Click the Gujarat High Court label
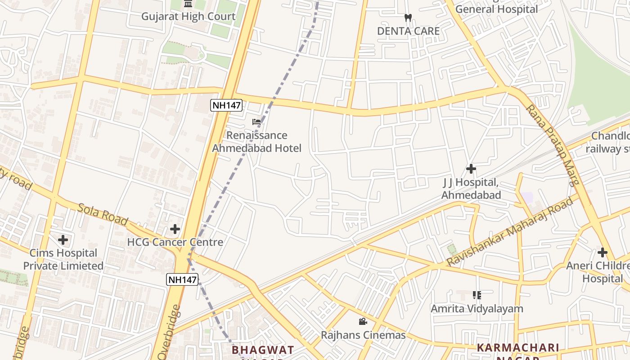[188, 17]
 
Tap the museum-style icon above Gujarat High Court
[188, 4]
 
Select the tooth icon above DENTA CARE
[408, 18]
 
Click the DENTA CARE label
[408, 31]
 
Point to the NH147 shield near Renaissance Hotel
[227, 106]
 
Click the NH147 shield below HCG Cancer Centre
[182, 279]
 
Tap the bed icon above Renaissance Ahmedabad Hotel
[256, 122]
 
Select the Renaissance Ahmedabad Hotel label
[256, 142]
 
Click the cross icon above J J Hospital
[471, 169]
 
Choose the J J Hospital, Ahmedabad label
[471, 189]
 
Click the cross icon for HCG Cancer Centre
[175, 229]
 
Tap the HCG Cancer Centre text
[175, 242]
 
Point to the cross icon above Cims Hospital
[63, 240]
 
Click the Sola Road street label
[103, 214]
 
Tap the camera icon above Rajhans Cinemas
[363, 322]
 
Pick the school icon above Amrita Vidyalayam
[477, 295]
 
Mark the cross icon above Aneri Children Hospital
[603, 252]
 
